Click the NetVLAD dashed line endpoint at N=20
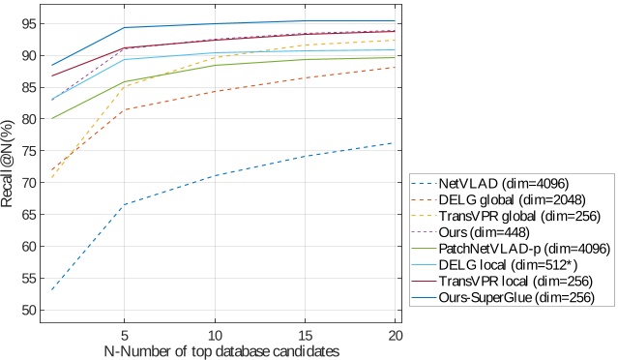tap(394, 143)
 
